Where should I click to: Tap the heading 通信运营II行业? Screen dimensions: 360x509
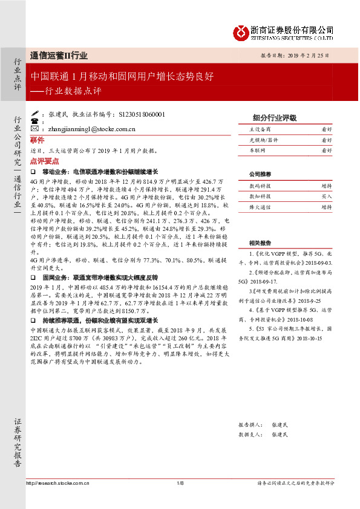pyautogui.click(x=59, y=56)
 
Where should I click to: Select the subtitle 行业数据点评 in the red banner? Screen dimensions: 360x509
pyautogui.click(x=76, y=91)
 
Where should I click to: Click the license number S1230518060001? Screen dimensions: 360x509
pyautogui.click(x=142, y=114)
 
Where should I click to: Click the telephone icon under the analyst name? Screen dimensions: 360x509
pyautogui.click(x=34, y=121)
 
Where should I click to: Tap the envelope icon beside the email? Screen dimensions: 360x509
pyautogui.click(x=34, y=129)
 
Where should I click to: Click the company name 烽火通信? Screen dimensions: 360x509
pyautogui.click(x=260, y=207)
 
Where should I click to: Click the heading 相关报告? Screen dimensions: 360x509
pyautogui.click(x=260, y=225)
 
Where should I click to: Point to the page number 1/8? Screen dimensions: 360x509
pyautogui.click(x=180, y=483)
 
